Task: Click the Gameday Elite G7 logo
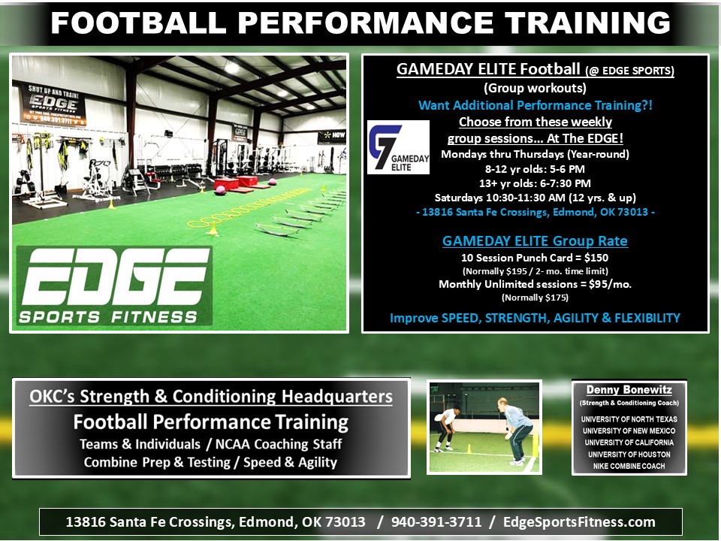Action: pyautogui.click(x=398, y=147)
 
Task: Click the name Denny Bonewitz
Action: pyautogui.click(x=629, y=390)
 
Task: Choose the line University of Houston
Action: pyautogui.click(x=629, y=455)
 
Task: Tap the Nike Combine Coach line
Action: pyautogui.click(x=629, y=466)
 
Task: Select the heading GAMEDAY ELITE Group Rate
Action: pyautogui.click(x=535, y=241)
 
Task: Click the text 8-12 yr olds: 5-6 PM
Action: pyautogui.click(x=535, y=168)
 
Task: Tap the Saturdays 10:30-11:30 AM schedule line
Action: pyautogui.click(x=535, y=198)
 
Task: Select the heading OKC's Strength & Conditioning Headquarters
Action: pyautogui.click(x=210, y=396)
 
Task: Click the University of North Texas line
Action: pyautogui.click(x=629, y=419)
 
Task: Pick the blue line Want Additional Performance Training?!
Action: pyautogui.click(x=535, y=105)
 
